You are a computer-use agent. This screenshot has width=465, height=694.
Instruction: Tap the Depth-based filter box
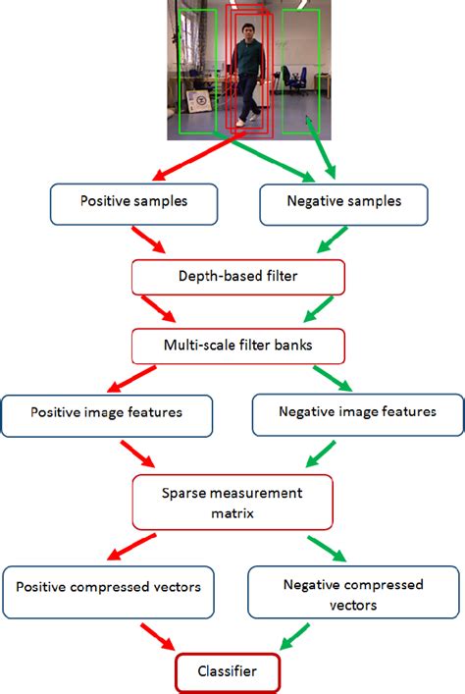(238, 278)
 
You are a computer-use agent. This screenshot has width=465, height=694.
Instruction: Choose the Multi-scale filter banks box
(238, 346)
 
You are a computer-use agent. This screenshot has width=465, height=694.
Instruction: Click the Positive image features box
(106, 414)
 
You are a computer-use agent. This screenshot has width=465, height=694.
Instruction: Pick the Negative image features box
(358, 414)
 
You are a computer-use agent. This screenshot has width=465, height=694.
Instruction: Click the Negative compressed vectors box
(353, 593)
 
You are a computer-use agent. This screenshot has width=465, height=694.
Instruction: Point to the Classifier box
(228, 672)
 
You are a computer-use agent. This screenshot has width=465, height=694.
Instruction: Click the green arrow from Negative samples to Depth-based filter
(330, 241)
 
